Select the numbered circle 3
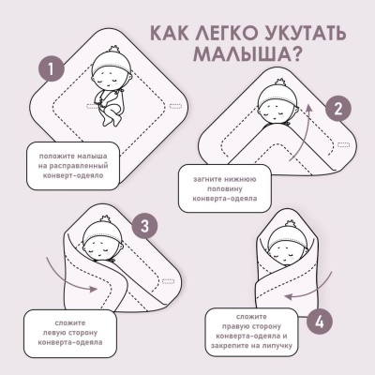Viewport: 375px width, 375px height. coord(143,225)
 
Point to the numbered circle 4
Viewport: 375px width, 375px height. coord(320,322)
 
